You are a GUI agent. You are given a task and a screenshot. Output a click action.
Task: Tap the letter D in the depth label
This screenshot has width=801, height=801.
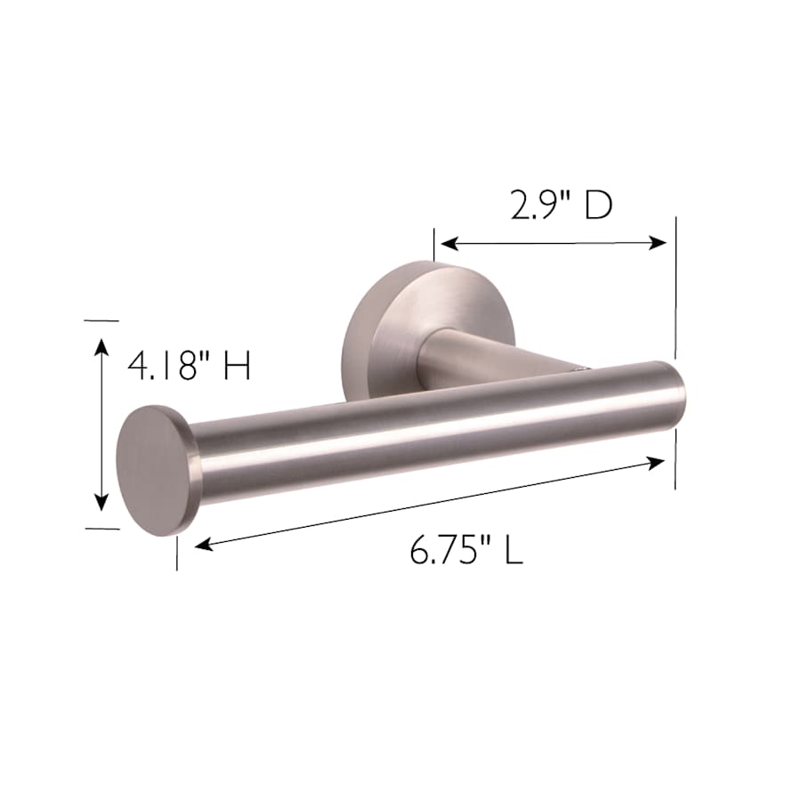599,206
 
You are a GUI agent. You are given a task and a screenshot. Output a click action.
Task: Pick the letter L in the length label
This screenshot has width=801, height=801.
514,550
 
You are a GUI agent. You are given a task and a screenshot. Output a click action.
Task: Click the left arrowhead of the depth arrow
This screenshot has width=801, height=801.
449,244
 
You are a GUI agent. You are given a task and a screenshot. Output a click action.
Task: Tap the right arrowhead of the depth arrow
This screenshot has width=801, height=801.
658,243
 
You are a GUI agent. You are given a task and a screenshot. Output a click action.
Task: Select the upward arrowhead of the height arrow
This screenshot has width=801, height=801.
102,347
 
